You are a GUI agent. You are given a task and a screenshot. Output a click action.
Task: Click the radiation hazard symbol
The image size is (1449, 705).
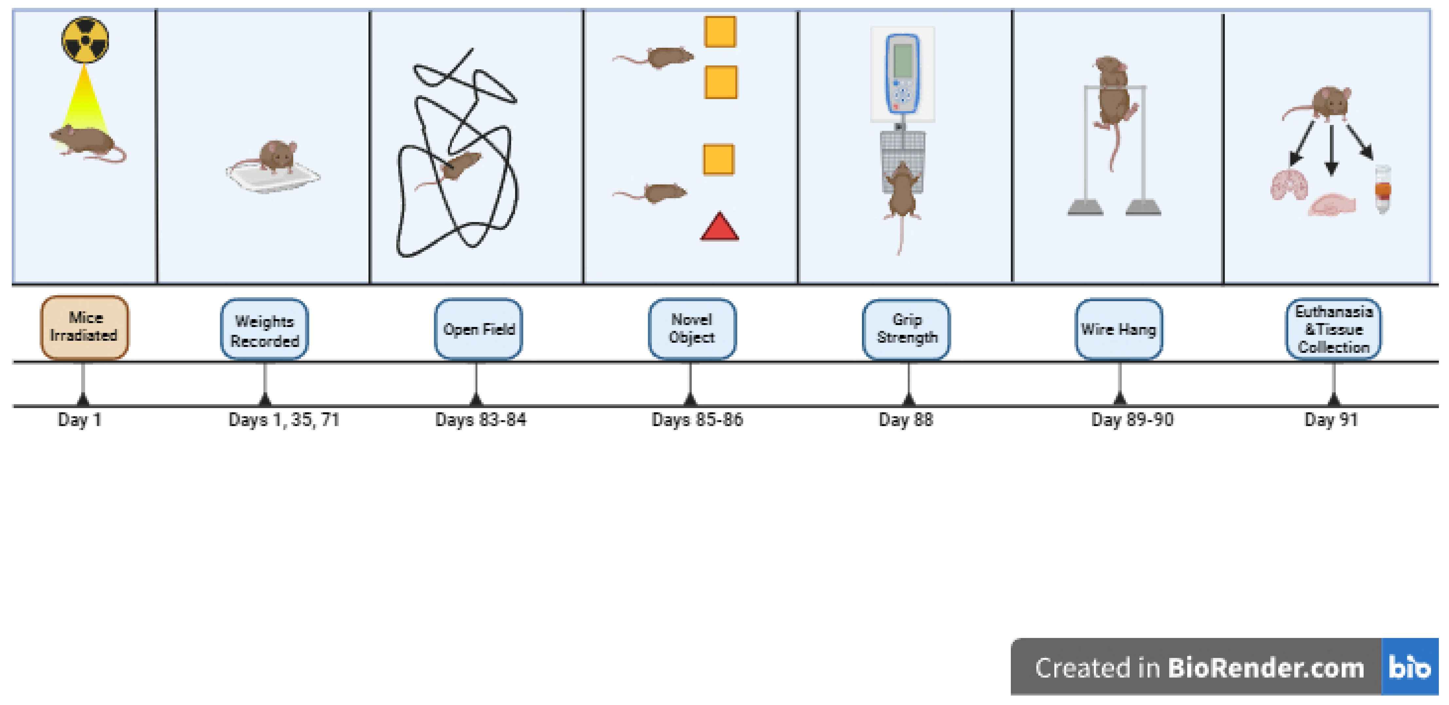click(85, 39)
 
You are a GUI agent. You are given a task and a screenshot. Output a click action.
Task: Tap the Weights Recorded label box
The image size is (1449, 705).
click(264, 330)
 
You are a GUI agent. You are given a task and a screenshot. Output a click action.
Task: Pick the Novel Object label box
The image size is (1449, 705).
click(692, 329)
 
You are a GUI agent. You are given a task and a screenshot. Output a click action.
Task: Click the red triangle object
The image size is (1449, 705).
click(720, 228)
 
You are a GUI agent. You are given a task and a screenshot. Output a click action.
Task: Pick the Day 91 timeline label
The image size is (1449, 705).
click(1331, 420)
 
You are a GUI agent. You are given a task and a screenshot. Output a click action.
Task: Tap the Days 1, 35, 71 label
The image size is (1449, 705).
click(284, 420)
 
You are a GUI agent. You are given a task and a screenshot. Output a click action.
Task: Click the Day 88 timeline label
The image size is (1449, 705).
click(906, 420)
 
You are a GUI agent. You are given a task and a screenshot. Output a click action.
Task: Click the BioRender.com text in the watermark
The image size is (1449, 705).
click(1266, 668)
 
